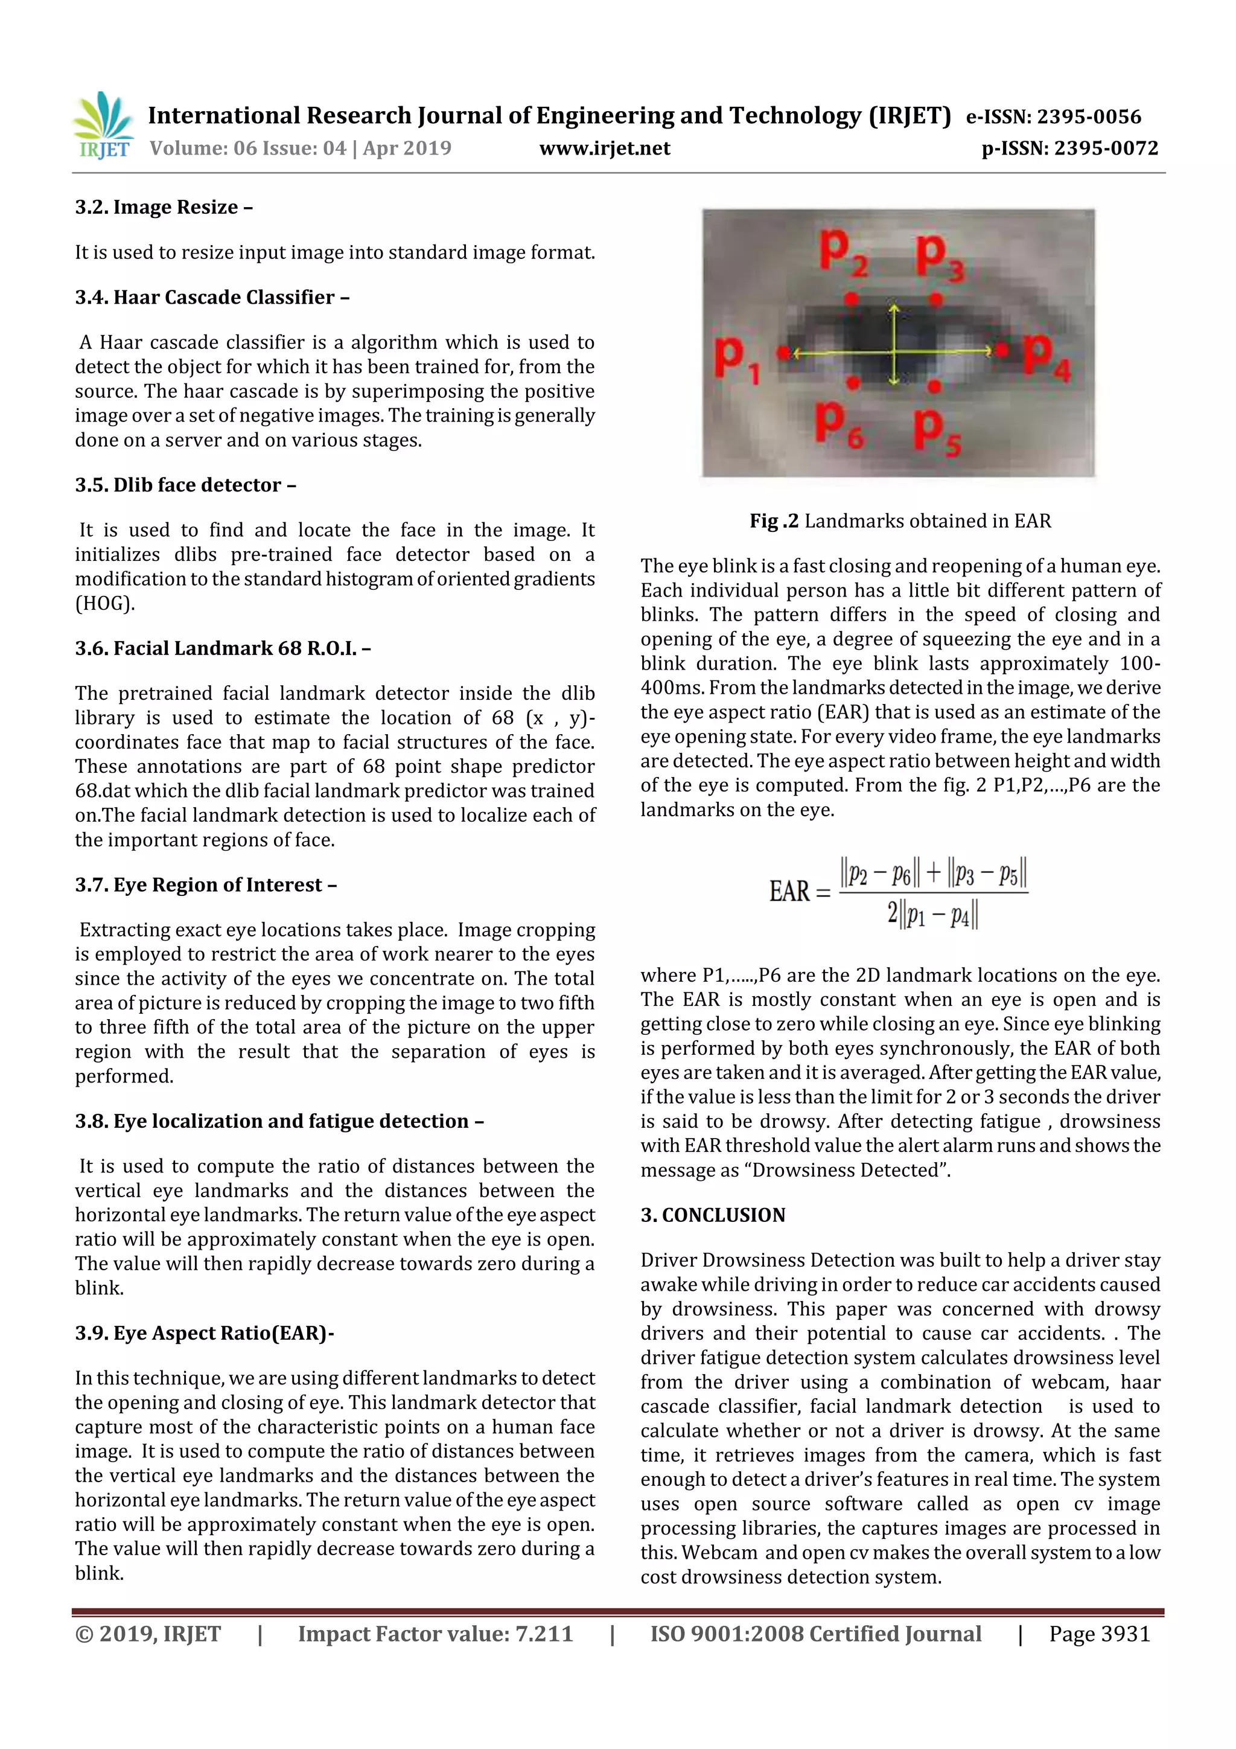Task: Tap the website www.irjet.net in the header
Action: (x=605, y=149)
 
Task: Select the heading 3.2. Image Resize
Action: (x=164, y=207)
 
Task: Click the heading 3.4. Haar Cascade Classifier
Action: (x=212, y=297)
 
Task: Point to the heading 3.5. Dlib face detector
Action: (x=185, y=485)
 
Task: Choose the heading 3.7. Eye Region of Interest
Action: (x=206, y=885)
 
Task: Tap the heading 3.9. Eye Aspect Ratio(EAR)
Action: (x=204, y=1333)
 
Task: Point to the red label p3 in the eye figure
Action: (x=940, y=257)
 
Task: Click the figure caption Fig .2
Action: (x=774, y=521)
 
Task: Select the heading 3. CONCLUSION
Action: (x=713, y=1215)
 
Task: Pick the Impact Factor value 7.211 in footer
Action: (x=544, y=1634)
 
